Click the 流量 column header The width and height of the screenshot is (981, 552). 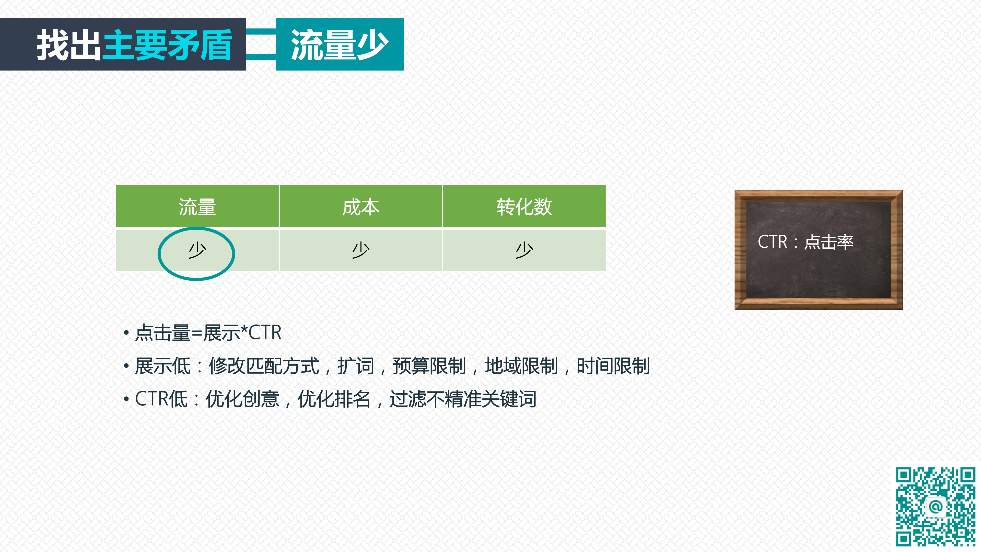[x=197, y=207]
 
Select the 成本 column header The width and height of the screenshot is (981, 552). [x=361, y=207]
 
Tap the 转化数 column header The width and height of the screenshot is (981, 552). [x=524, y=207]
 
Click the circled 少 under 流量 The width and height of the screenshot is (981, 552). [x=197, y=250]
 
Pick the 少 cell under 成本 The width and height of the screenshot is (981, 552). [x=361, y=250]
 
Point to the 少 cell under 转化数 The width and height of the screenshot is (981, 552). [x=524, y=250]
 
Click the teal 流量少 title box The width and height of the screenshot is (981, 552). [x=340, y=44]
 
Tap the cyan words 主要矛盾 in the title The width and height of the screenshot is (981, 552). [x=167, y=45]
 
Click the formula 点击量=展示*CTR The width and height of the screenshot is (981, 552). [x=208, y=332]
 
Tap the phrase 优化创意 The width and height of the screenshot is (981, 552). [x=243, y=399]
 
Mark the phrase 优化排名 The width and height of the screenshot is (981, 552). [x=334, y=399]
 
